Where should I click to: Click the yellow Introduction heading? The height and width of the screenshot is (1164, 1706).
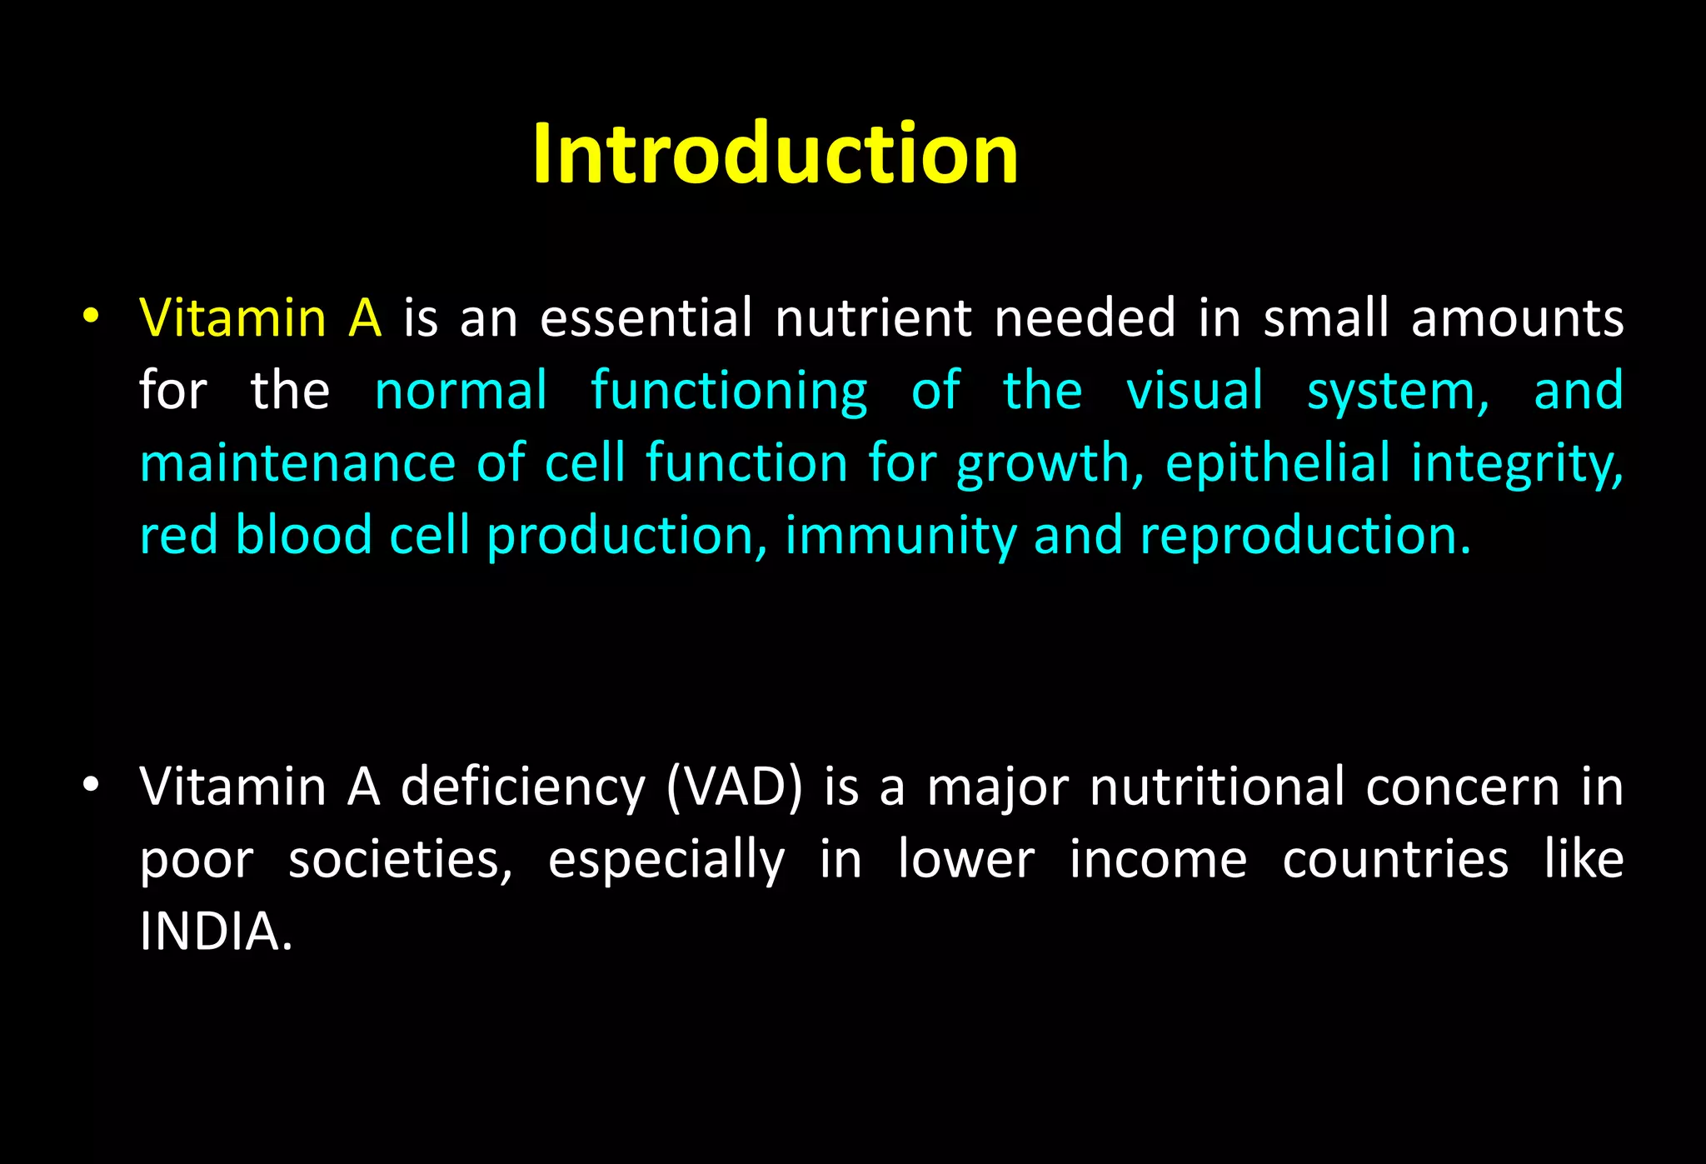(775, 153)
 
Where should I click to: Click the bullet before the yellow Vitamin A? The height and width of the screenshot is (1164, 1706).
(91, 317)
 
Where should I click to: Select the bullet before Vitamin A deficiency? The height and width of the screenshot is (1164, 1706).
(91, 785)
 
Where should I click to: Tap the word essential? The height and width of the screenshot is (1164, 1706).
(646, 318)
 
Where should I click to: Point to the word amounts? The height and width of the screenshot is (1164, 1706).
(1516, 318)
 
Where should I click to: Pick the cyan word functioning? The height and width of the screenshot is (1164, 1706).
(729, 392)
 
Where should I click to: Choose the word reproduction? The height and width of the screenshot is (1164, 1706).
(1304, 536)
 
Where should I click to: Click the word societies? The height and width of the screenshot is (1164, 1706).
(401, 860)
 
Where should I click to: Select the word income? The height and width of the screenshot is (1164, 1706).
(1158, 860)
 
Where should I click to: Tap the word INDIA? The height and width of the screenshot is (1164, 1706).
(216, 932)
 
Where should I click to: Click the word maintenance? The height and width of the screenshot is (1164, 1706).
(297, 463)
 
